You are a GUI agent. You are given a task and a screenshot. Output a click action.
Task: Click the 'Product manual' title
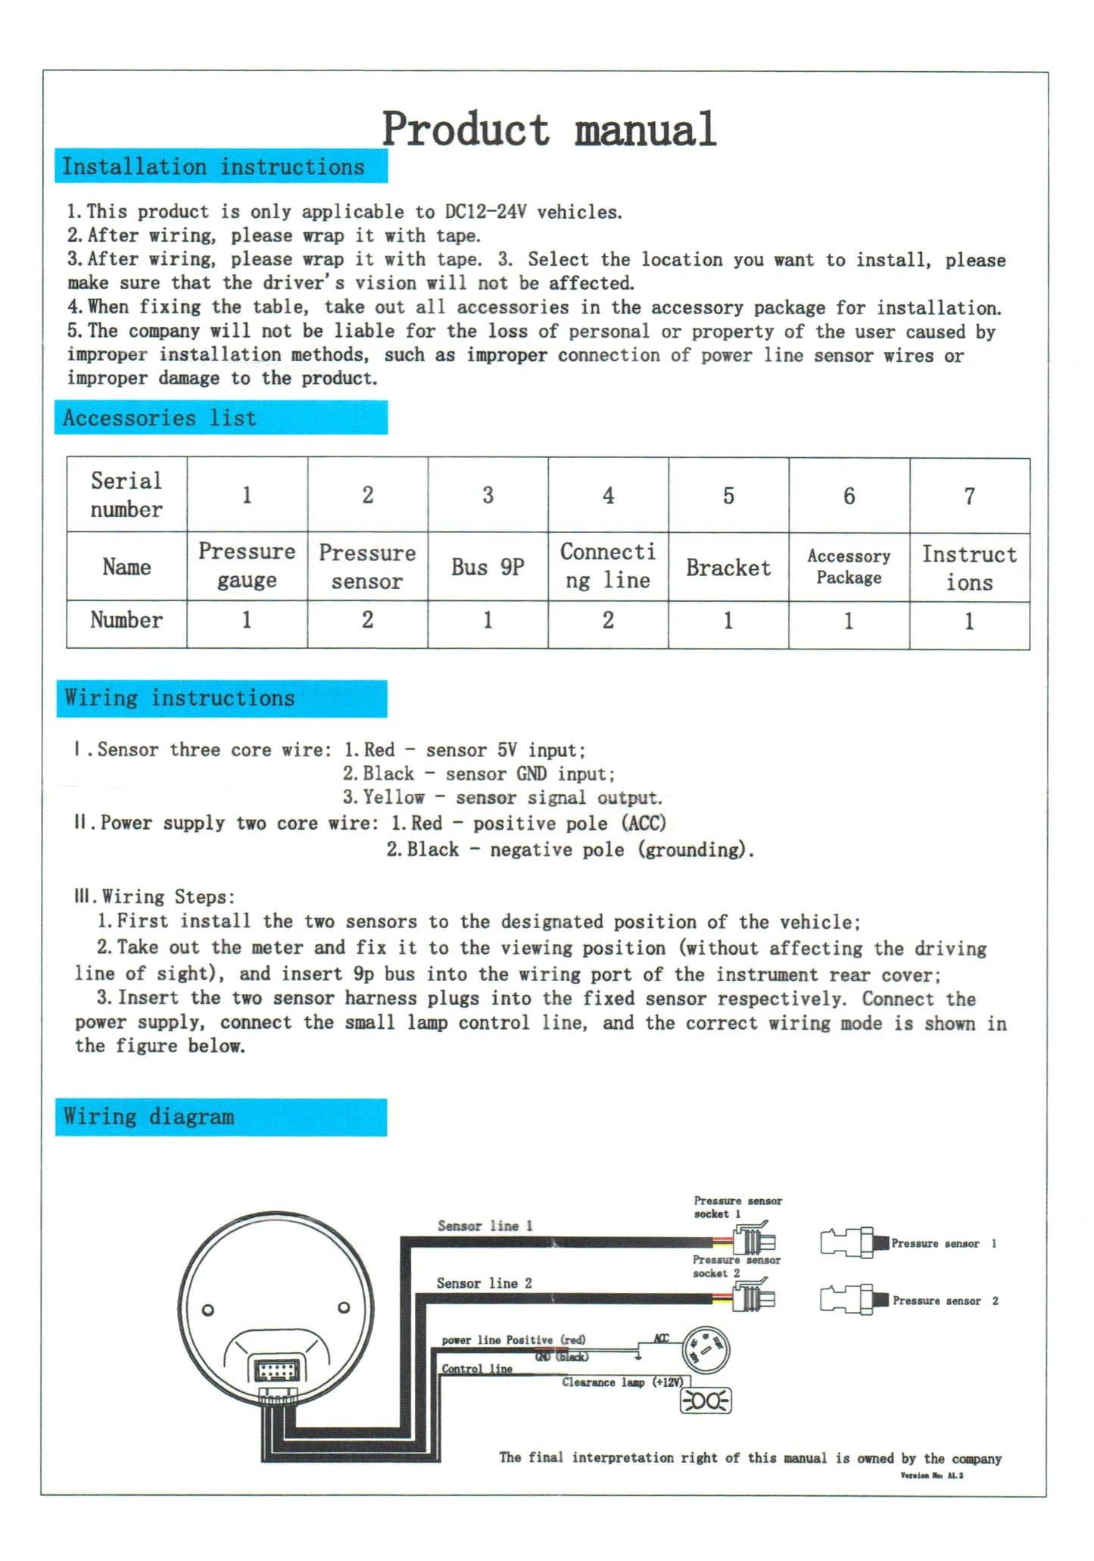tap(548, 129)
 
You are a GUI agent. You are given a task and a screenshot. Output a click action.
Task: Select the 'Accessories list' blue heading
tap(160, 418)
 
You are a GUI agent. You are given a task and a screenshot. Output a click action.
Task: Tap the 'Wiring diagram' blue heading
tap(149, 1117)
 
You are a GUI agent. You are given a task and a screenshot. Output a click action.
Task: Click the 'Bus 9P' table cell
tap(488, 567)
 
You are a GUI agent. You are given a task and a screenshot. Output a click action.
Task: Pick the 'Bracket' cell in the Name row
tap(728, 568)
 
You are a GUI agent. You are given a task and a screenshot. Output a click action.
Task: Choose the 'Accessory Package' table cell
tap(849, 567)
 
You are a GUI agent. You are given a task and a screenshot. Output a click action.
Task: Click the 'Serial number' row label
tap(126, 494)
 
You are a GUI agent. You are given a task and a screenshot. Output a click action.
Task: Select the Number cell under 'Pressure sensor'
tap(367, 620)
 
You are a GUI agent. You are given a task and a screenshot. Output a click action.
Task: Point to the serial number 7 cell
tap(969, 496)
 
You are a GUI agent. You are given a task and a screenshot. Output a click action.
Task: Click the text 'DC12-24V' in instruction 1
tap(485, 212)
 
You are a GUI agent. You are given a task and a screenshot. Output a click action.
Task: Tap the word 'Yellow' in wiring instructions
tap(394, 797)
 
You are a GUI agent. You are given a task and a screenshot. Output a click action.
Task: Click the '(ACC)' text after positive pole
tap(644, 823)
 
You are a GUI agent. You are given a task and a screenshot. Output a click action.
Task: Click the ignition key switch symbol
tap(706, 1349)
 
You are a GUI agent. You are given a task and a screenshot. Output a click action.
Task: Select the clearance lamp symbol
tap(706, 1401)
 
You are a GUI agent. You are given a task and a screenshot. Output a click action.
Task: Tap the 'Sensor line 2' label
tap(485, 1283)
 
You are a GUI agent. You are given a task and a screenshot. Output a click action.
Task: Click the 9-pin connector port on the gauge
tap(277, 1371)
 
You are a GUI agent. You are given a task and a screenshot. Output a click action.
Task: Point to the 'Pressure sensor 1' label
tap(943, 1244)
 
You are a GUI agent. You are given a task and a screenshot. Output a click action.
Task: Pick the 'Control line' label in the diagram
tap(477, 1369)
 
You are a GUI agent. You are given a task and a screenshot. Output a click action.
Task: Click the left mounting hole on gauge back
tap(207, 1310)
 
